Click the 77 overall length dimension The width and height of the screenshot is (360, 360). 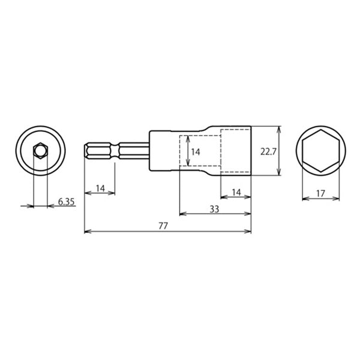click(163, 226)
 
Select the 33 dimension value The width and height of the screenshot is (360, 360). click(214, 209)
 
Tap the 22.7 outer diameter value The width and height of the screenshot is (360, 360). click(268, 152)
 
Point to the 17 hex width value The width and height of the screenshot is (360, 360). click(320, 194)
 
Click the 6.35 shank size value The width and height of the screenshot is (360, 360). click(66, 202)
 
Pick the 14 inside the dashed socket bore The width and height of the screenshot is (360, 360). click(196, 152)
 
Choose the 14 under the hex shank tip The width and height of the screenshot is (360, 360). click(100, 188)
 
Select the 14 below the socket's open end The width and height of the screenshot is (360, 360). click(236, 192)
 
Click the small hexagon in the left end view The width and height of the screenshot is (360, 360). click(40, 151)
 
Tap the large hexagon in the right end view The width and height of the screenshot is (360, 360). click(321, 151)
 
